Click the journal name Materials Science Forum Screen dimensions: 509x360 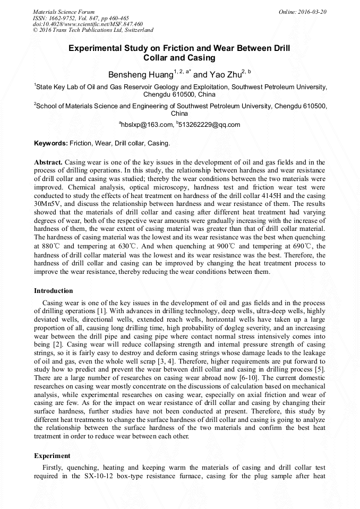pos(64,11)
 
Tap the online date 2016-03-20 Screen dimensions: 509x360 pos(312,11)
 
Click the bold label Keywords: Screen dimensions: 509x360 pos(50,143)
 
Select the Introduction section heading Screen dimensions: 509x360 pos(54,291)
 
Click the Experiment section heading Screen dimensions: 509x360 pos(52,455)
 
